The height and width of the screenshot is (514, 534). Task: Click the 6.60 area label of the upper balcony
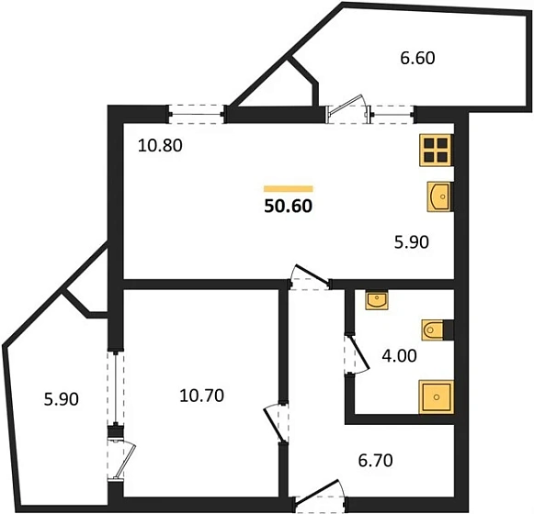click(x=417, y=58)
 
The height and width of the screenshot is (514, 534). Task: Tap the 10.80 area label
click(x=160, y=146)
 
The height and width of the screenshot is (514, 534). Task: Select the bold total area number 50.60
click(x=288, y=207)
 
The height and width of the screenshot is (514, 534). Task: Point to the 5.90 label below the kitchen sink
click(x=412, y=242)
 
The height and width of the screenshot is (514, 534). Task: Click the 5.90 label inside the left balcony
click(x=62, y=399)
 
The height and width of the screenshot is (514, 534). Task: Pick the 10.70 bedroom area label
click(x=201, y=396)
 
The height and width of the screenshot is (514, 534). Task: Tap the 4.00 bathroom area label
click(x=399, y=356)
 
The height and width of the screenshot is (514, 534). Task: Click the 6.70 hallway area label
click(x=376, y=461)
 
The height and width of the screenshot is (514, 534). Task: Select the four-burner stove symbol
click(x=436, y=150)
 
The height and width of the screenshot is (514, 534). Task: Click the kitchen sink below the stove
click(x=438, y=196)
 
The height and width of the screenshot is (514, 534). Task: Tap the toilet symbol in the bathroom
click(x=433, y=330)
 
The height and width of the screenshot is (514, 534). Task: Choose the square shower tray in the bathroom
click(x=437, y=397)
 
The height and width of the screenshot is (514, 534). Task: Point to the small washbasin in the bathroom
click(x=377, y=300)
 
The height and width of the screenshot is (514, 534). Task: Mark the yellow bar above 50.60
click(x=288, y=189)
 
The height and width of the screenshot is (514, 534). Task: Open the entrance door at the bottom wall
click(x=320, y=495)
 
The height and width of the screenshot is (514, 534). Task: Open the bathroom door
click(x=356, y=355)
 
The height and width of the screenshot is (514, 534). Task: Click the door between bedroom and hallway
click(x=277, y=423)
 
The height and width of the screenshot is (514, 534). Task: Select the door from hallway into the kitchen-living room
click(x=310, y=277)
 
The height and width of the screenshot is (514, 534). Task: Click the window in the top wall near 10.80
click(x=197, y=115)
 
